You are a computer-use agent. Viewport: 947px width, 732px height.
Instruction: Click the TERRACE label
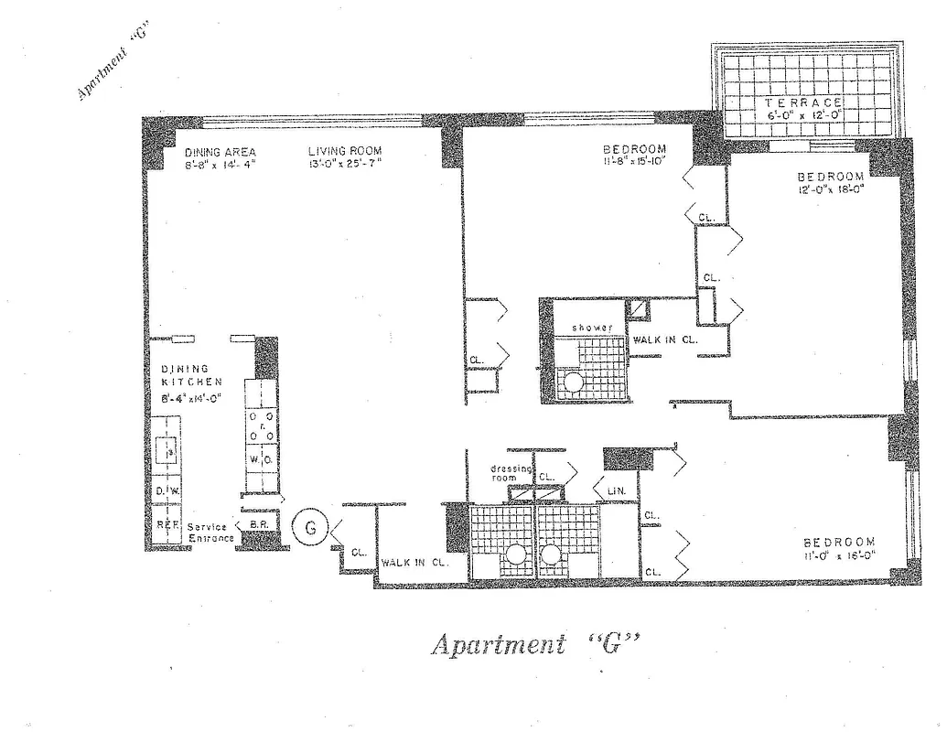click(x=802, y=104)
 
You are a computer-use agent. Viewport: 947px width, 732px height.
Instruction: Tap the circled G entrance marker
click(x=310, y=527)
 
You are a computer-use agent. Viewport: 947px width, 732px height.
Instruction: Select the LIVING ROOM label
click(x=345, y=151)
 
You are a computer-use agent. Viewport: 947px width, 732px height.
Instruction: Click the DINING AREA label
click(x=221, y=152)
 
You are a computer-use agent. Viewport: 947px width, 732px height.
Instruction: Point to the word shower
click(x=592, y=327)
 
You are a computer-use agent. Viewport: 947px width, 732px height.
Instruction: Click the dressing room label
click(x=511, y=473)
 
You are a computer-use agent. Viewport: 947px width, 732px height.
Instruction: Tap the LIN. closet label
click(x=616, y=491)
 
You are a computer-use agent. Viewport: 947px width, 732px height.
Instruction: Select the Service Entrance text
click(x=210, y=533)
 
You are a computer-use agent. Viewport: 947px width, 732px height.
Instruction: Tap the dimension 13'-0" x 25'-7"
click(x=344, y=164)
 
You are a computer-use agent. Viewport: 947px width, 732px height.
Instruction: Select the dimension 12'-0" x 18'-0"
click(x=830, y=190)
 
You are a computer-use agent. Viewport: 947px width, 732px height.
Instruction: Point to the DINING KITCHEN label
click(x=186, y=375)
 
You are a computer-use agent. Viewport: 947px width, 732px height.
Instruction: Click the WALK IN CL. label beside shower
click(x=665, y=340)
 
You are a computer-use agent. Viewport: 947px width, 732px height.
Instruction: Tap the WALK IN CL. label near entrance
click(x=414, y=563)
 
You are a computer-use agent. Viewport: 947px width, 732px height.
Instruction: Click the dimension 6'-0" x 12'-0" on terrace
click(x=802, y=117)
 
